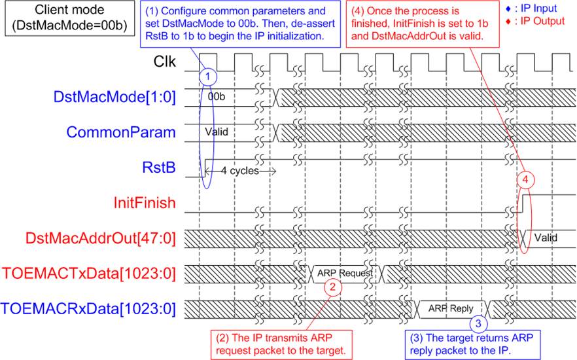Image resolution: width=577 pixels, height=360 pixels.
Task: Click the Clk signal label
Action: (x=164, y=62)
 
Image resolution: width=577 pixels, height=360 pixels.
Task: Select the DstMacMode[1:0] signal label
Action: (x=114, y=97)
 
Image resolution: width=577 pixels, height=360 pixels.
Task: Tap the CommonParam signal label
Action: (x=120, y=132)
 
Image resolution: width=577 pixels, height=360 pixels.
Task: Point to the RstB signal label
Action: (x=159, y=168)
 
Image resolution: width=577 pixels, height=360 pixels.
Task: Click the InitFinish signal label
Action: (x=145, y=203)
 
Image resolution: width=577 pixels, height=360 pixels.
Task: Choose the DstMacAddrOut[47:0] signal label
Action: (x=101, y=238)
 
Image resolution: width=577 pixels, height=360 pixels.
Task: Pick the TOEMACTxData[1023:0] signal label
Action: (x=89, y=274)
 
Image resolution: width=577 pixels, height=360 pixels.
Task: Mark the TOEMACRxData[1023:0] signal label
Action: (x=88, y=308)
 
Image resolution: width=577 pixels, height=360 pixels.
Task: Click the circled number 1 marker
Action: (x=208, y=77)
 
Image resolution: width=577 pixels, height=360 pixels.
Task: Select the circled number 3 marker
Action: (x=478, y=323)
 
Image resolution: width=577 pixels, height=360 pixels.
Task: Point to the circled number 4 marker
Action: (x=525, y=179)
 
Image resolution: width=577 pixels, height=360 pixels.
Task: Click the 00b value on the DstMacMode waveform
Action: (x=216, y=97)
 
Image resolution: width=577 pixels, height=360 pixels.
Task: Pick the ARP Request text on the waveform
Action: (x=345, y=273)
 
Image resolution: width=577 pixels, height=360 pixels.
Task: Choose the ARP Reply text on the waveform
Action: (x=451, y=308)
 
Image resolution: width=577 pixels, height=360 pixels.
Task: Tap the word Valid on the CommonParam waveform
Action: (x=217, y=132)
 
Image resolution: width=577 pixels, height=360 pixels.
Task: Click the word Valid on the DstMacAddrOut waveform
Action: (x=546, y=238)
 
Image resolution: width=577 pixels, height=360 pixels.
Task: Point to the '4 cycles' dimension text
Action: (x=240, y=171)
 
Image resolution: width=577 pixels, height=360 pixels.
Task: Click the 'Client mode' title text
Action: (x=69, y=10)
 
